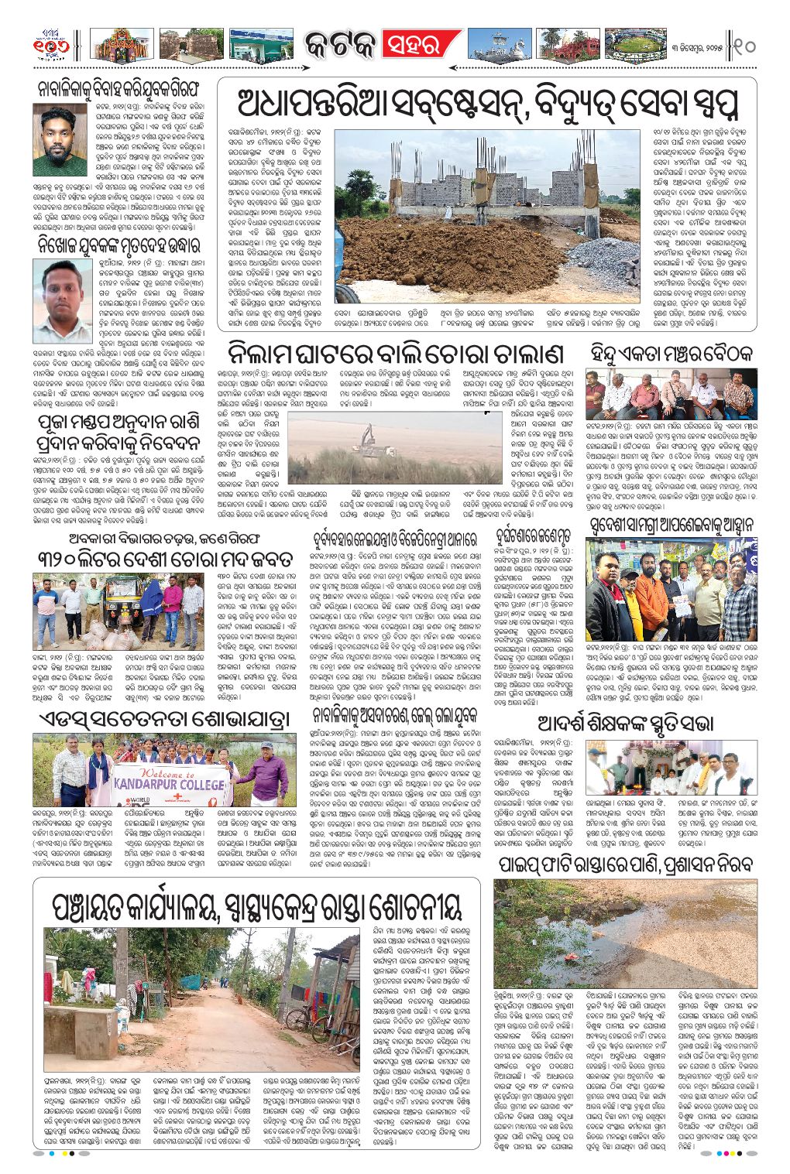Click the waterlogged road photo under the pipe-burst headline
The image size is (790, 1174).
click(626, 933)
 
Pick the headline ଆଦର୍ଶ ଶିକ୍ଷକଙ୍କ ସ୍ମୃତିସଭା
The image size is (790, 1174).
click(626, 724)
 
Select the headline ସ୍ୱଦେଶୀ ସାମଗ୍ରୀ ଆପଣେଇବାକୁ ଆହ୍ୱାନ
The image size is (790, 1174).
click(671, 525)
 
